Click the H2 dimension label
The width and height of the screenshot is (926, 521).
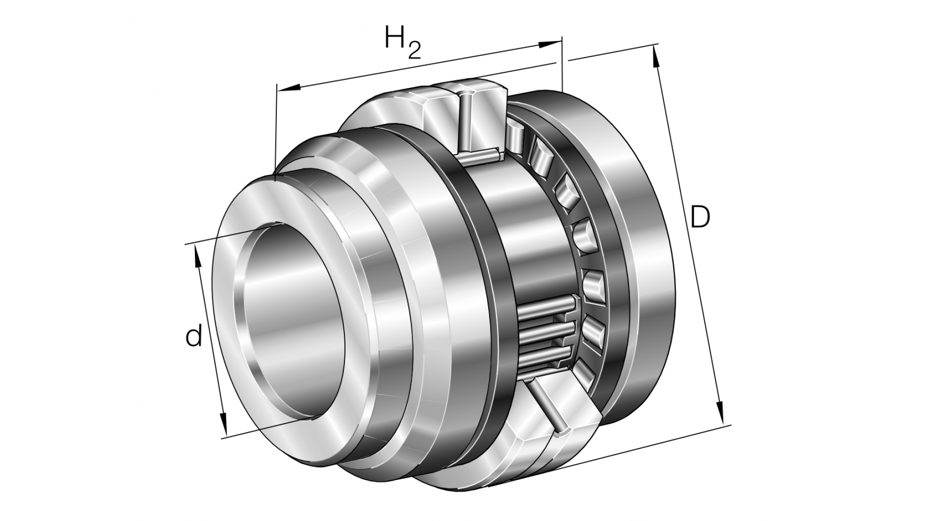click(403, 42)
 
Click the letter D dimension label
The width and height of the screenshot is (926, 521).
click(700, 217)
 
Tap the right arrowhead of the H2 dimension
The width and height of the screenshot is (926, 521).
click(550, 44)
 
